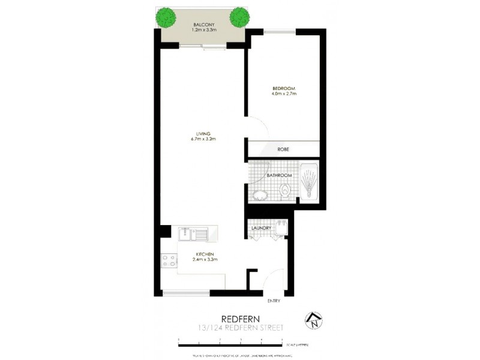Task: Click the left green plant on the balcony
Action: coord(166,17)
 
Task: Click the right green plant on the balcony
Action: coord(239,17)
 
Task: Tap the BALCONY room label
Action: coord(203,24)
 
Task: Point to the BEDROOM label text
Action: coord(284,88)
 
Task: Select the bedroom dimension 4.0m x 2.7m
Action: coord(284,94)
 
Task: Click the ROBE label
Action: coord(284,149)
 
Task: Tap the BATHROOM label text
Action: coord(280,175)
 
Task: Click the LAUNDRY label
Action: coord(262,228)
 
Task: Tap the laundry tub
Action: coord(279,227)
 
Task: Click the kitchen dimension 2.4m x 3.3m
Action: coord(204,260)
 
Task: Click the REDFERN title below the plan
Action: coord(239,319)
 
